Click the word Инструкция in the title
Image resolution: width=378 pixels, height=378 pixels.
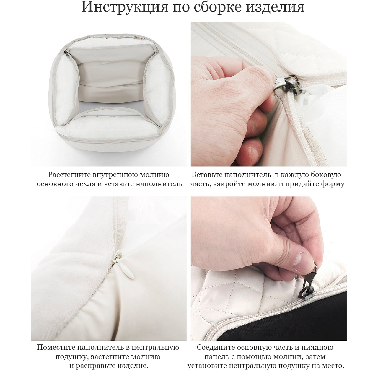125,7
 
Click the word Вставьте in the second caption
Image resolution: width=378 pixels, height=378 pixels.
206,175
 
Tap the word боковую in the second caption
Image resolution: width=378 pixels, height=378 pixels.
327,175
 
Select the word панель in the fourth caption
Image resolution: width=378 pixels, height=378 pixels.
218,357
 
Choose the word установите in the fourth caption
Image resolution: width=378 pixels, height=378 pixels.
207,366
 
